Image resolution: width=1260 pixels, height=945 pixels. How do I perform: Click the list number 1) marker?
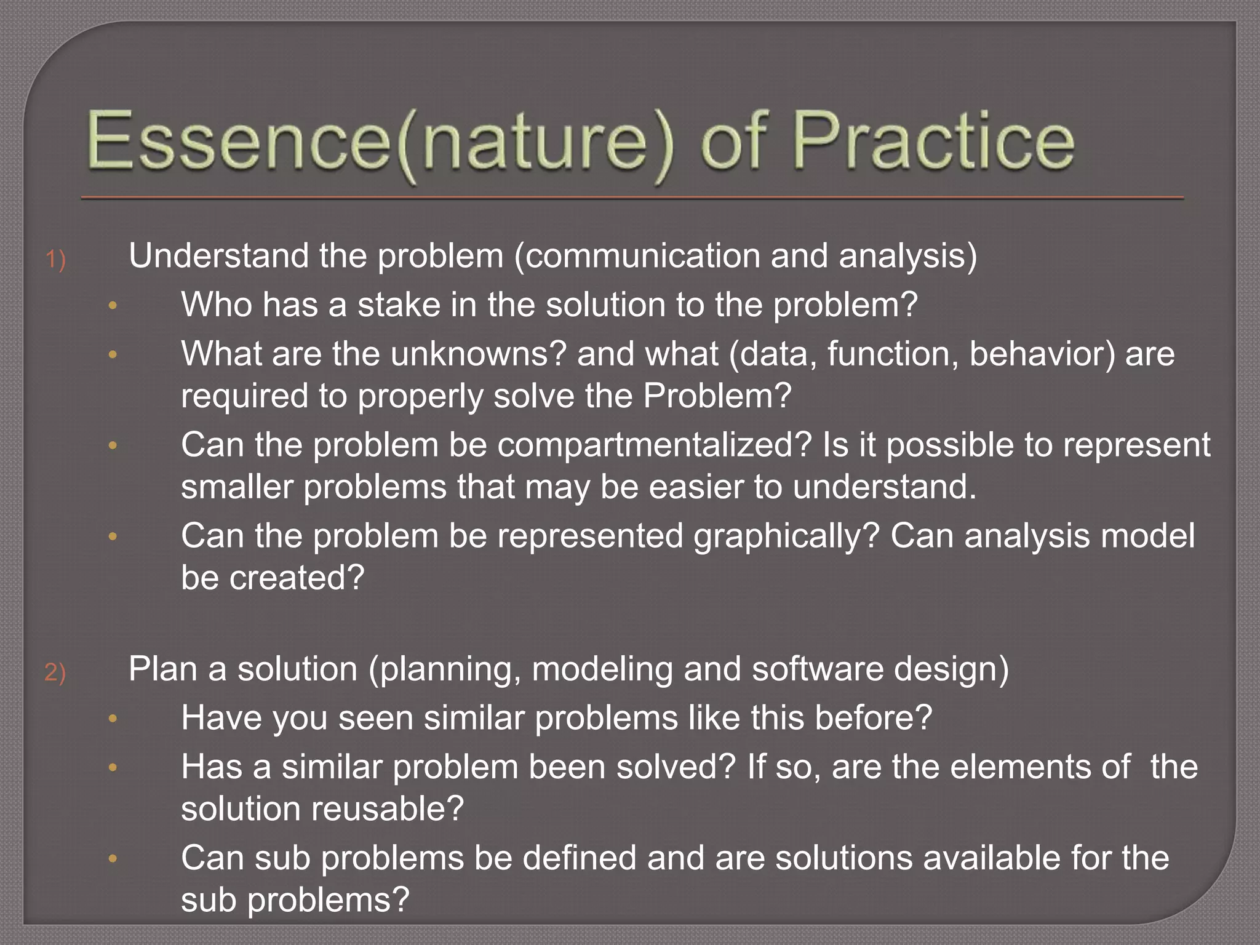(x=55, y=259)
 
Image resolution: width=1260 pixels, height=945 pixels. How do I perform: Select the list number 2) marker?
(x=55, y=672)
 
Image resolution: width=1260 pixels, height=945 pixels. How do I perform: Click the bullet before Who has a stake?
(x=113, y=306)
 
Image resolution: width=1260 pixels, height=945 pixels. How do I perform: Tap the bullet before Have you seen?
(x=113, y=719)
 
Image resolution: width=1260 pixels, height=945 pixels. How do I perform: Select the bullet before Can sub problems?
(x=113, y=859)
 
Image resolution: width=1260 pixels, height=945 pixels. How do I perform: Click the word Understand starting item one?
(x=218, y=256)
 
